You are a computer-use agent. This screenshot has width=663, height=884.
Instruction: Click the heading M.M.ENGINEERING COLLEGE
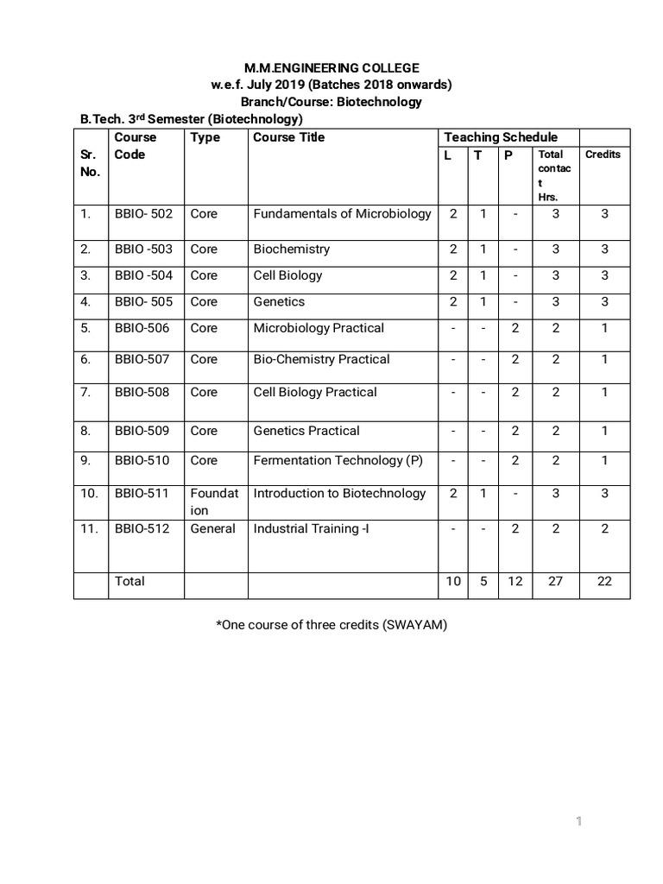[331, 67]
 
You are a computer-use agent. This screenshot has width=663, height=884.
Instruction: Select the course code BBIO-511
[142, 493]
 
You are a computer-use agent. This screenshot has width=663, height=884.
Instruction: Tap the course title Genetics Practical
[306, 431]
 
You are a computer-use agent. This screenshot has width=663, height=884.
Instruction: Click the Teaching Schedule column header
[501, 137]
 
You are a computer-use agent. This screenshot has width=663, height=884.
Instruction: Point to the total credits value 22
[604, 581]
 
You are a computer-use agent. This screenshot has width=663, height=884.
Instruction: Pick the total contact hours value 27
[556, 581]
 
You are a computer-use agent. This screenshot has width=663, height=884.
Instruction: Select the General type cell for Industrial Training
[213, 528]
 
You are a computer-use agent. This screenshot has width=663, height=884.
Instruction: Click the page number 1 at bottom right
[579, 821]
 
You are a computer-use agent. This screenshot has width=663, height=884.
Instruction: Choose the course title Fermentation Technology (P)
[338, 460]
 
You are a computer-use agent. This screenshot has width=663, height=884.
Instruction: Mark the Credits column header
[603, 155]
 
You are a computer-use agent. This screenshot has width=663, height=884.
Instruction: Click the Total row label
[129, 581]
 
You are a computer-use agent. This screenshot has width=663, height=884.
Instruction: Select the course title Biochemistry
[292, 249]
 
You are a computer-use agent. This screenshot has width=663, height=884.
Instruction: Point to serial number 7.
[85, 392]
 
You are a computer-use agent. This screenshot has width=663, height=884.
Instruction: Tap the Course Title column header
[289, 137]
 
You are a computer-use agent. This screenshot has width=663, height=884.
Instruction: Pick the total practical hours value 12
[515, 581]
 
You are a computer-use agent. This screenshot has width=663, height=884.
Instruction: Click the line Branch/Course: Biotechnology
[331, 102]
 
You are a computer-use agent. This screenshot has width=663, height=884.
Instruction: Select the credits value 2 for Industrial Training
[604, 528]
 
